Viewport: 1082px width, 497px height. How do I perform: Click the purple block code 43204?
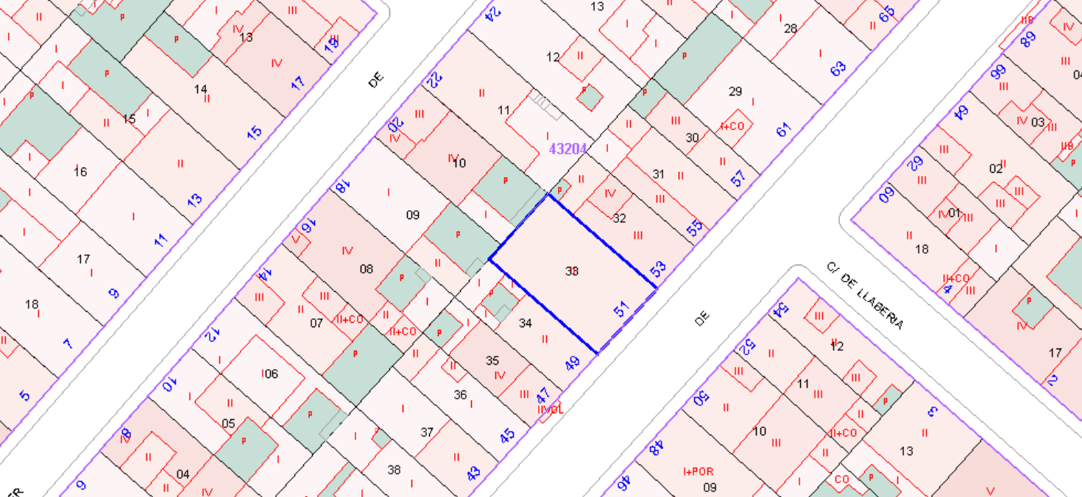[x=568, y=149]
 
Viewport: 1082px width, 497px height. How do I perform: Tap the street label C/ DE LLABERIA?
[x=864, y=296]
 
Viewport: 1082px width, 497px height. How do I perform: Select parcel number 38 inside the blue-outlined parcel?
[x=572, y=271]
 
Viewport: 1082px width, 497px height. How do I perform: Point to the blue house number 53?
[x=659, y=268]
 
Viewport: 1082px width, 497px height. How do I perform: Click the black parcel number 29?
[x=735, y=91]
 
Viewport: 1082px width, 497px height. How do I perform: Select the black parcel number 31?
[x=659, y=174]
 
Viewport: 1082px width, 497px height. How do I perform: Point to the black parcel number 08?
[x=366, y=269]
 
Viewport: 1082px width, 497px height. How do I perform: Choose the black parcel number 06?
[x=272, y=373]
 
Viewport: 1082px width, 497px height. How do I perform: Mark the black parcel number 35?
[x=492, y=360]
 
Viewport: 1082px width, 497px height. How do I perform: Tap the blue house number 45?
[x=507, y=436]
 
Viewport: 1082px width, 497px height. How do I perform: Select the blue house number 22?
[x=434, y=79]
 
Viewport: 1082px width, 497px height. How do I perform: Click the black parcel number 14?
[x=200, y=90]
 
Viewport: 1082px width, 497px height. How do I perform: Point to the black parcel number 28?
[x=791, y=29]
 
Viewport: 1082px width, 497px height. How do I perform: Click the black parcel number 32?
[x=619, y=218]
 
